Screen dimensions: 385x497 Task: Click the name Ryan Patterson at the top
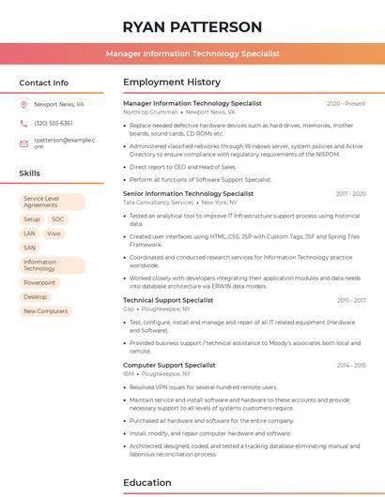192,26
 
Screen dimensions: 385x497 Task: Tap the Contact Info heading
44,83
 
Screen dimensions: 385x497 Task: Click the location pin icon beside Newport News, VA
24,105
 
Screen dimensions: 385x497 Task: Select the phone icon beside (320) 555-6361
24,123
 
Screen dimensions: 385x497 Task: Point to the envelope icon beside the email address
24,143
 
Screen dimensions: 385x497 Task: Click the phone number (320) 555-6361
54,123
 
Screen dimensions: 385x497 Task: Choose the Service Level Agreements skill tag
52,202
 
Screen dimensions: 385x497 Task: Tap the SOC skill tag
58,219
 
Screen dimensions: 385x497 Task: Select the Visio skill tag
54,233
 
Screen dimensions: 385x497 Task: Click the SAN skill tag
30,248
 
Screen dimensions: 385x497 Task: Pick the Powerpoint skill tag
39,282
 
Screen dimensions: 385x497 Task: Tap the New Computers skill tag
45,311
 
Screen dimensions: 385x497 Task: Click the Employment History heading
172,83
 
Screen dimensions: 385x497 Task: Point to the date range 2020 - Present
346,103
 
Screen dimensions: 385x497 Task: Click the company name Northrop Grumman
150,112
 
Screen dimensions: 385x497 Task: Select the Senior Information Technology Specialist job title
188,193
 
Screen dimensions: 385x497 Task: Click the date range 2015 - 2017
351,300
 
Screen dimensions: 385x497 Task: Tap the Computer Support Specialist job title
169,365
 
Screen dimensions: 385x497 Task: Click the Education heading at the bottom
148,483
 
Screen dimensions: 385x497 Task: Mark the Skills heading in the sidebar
30,173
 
